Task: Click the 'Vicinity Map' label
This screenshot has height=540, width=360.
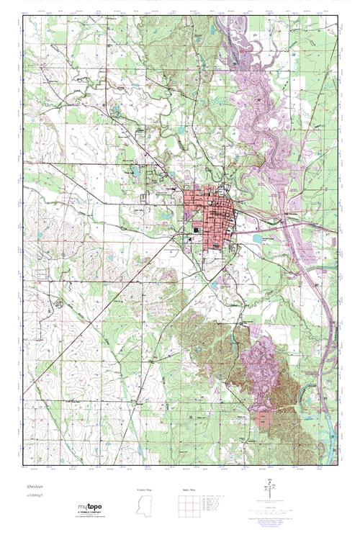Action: (x=145, y=490)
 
